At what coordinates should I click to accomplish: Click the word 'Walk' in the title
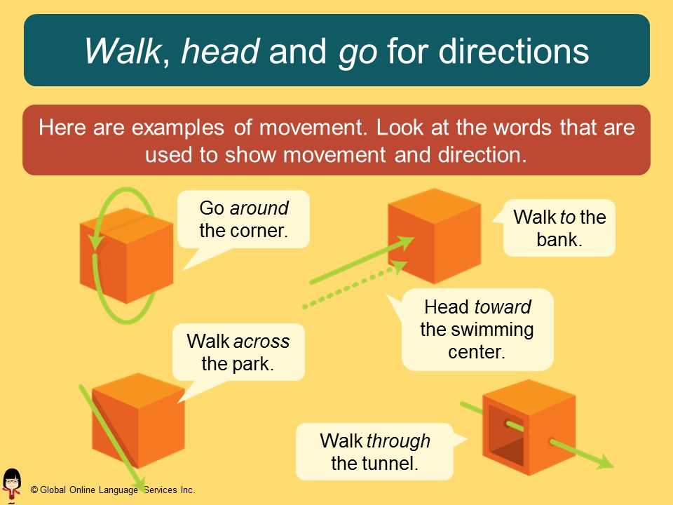pos(122,51)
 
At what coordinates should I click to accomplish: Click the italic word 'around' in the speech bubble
pos(259,208)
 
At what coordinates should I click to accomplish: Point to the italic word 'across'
pos(261,342)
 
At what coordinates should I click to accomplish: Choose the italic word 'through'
pos(397,441)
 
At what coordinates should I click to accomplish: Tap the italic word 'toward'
pos(503,307)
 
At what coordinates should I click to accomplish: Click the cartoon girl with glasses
pos(12,484)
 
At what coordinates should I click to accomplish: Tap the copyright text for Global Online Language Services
pos(112,490)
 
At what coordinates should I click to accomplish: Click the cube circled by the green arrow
pos(126,255)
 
